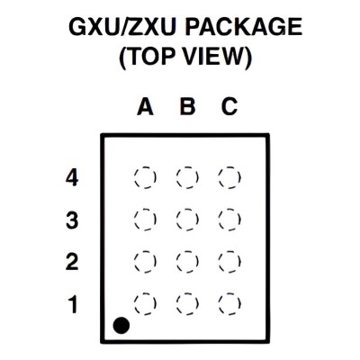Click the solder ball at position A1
pyautogui.click(x=145, y=303)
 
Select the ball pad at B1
pyautogui.click(x=187, y=303)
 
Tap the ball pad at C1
pyautogui.click(x=229, y=303)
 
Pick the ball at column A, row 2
pyautogui.click(x=145, y=262)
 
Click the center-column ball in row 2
pyautogui.click(x=187, y=262)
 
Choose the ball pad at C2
pyautogui.click(x=229, y=262)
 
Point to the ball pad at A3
pyautogui.click(x=145, y=220)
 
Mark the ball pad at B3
pyautogui.click(x=187, y=220)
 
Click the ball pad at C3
pyautogui.click(x=229, y=220)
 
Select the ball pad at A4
pyautogui.click(x=145, y=177)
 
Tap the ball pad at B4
pyautogui.click(x=187, y=177)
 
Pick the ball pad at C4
pyautogui.click(x=229, y=177)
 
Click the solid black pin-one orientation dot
pyautogui.click(x=121, y=325)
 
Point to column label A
pyautogui.click(x=145, y=106)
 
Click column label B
pyautogui.click(x=187, y=106)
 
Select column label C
pyautogui.click(x=229, y=106)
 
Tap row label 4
pyautogui.click(x=72, y=177)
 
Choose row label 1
pyautogui.click(x=73, y=304)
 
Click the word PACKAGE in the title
pyautogui.click(x=243, y=26)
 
